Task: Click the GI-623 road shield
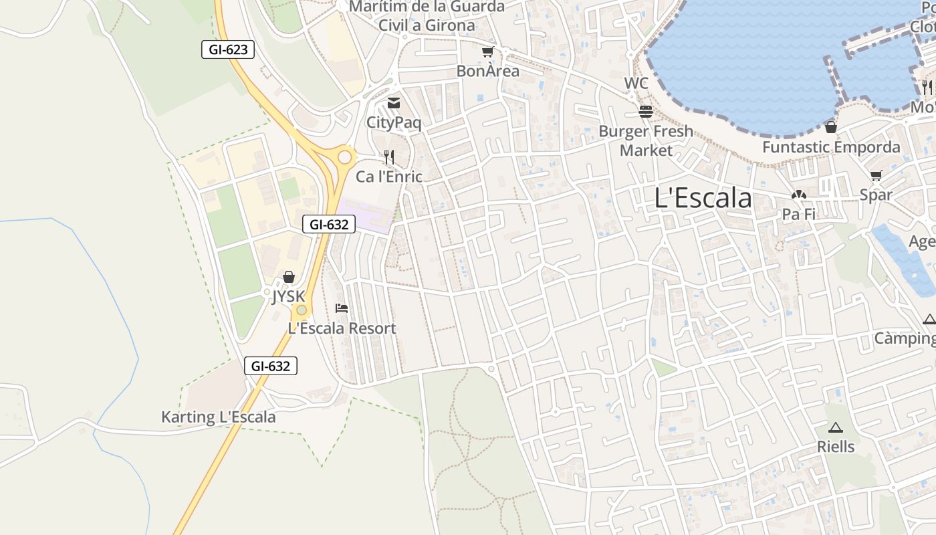click(x=228, y=49)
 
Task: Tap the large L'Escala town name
click(x=703, y=198)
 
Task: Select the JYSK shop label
click(x=288, y=296)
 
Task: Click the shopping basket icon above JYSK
click(x=289, y=276)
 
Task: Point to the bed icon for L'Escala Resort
click(x=342, y=308)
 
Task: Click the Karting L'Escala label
click(x=218, y=417)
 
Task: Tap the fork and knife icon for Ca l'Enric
click(x=389, y=157)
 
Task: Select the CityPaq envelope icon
click(x=394, y=103)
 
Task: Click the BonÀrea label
click(x=487, y=71)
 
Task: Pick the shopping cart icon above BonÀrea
click(x=487, y=52)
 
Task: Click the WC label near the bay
click(x=636, y=84)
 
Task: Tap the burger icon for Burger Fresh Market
click(x=645, y=112)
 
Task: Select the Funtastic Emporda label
click(x=831, y=147)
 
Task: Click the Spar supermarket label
click(x=876, y=195)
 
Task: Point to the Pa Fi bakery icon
click(x=798, y=195)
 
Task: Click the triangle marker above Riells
click(x=835, y=427)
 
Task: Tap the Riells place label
click(x=836, y=446)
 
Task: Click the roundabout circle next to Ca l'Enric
click(x=345, y=158)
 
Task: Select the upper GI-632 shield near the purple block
click(x=328, y=224)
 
